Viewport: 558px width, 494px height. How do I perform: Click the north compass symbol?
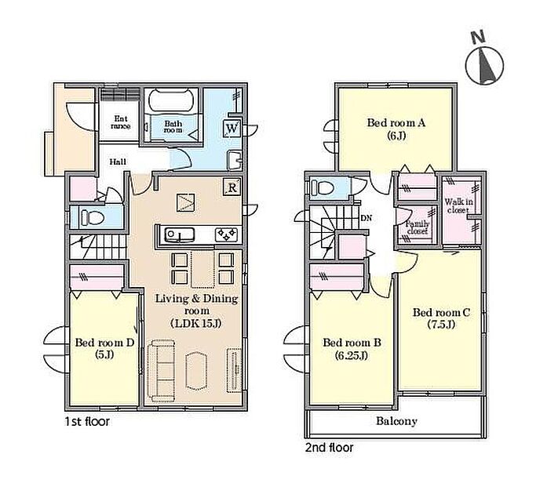point(484,65)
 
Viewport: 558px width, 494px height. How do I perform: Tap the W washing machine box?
point(232,128)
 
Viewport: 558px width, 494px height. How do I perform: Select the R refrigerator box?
point(232,187)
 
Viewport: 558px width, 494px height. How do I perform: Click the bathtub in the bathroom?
point(171,100)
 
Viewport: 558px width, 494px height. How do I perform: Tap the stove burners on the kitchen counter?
point(226,234)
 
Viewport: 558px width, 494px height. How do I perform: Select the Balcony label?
point(396,421)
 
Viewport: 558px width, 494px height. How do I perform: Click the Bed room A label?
point(396,123)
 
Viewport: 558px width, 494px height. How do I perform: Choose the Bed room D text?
point(104,343)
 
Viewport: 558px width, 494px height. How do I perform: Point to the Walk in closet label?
point(458,206)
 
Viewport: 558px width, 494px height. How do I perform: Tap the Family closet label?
point(417,227)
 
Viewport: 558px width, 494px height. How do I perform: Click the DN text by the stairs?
point(367,218)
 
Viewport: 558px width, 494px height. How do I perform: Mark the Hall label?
point(118,162)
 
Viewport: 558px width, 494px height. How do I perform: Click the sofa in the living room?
point(161,371)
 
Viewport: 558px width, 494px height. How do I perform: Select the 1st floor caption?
point(87,422)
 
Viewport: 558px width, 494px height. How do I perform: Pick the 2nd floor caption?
point(329,448)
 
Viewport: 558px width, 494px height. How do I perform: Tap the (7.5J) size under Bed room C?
point(441,325)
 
